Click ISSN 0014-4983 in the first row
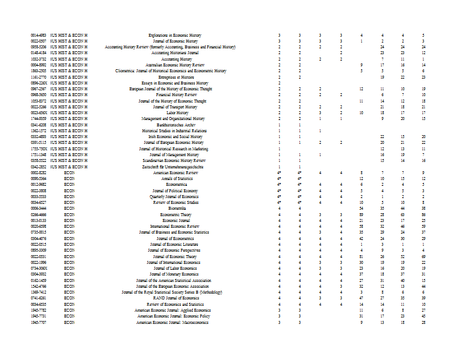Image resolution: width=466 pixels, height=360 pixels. pos(38,36)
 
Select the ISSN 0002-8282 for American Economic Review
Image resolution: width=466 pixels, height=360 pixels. pos(38,173)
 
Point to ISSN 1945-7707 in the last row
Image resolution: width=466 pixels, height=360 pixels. pos(38,322)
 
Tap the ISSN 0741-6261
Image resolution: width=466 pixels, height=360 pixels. pos(38,298)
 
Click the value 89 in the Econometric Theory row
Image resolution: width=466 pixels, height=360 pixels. pos(362,214)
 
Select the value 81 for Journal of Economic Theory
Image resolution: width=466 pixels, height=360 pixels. pos(362,256)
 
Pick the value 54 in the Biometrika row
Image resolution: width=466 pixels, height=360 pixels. pos(362,209)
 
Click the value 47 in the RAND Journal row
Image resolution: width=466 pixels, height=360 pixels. pos(362,298)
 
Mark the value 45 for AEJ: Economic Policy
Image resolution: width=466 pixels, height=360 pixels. pos(423,316)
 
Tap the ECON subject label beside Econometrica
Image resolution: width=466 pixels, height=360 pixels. pos(69,185)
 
